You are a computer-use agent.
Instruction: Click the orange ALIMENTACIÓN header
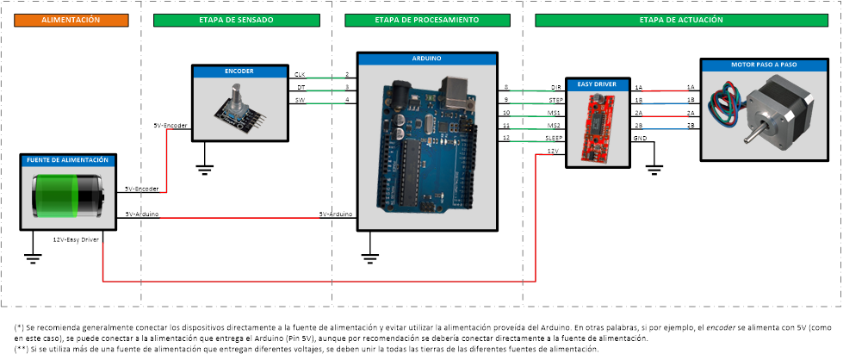coord(71,19)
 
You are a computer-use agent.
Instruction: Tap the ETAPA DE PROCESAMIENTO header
coord(427,19)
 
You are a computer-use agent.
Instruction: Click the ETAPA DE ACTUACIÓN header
coord(680,19)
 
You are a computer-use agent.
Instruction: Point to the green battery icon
coord(67,196)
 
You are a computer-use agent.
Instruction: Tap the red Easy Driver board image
coord(596,127)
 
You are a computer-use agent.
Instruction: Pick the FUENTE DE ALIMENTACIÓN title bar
coord(67,160)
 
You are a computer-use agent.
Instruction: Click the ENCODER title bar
coord(239,71)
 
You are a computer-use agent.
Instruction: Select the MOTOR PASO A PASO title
coord(763,65)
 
